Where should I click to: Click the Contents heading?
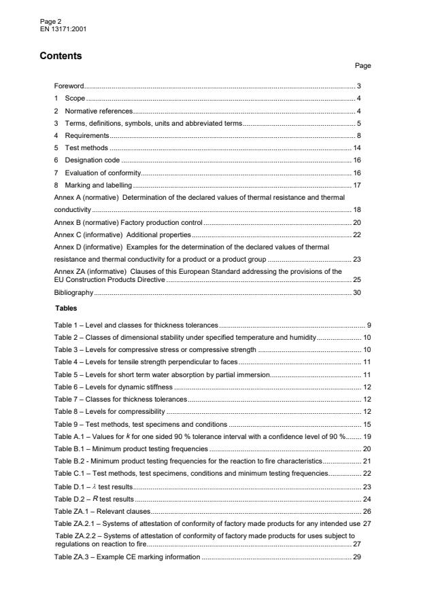click(61, 56)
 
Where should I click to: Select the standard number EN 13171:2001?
click(63, 29)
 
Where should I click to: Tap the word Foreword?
click(69, 86)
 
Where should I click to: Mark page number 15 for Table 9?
click(366, 423)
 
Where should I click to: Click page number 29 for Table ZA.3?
click(366, 557)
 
